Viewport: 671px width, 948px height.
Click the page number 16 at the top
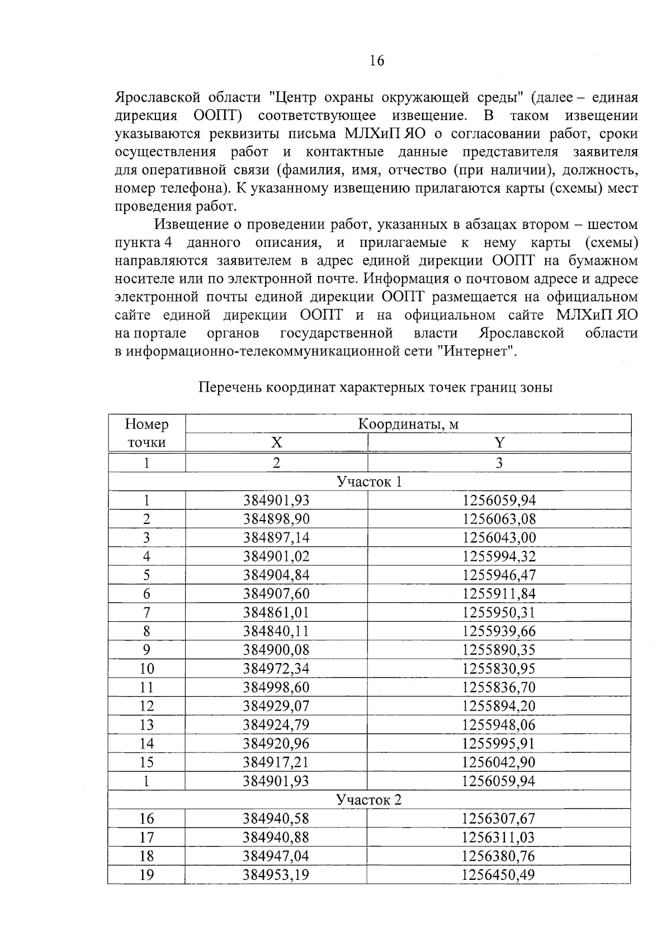point(377,61)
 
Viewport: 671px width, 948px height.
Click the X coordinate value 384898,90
point(276,519)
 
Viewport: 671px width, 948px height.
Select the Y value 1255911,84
point(499,594)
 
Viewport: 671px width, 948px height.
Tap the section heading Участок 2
point(369,800)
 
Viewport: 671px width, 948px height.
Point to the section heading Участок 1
point(369,482)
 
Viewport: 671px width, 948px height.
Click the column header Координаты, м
point(408,425)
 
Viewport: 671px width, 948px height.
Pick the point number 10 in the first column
point(147,669)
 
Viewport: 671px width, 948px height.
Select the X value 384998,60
point(276,687)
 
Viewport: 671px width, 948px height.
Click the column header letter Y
point(499,443)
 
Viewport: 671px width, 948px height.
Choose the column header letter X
point(276,443)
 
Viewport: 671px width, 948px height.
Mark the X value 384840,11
point(276,631)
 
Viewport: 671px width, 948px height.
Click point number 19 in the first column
point(147,875)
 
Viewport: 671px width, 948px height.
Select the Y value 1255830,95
point(499,669)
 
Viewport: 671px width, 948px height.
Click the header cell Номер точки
point(147,433)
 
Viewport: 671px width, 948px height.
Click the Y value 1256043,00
point(499,538)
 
